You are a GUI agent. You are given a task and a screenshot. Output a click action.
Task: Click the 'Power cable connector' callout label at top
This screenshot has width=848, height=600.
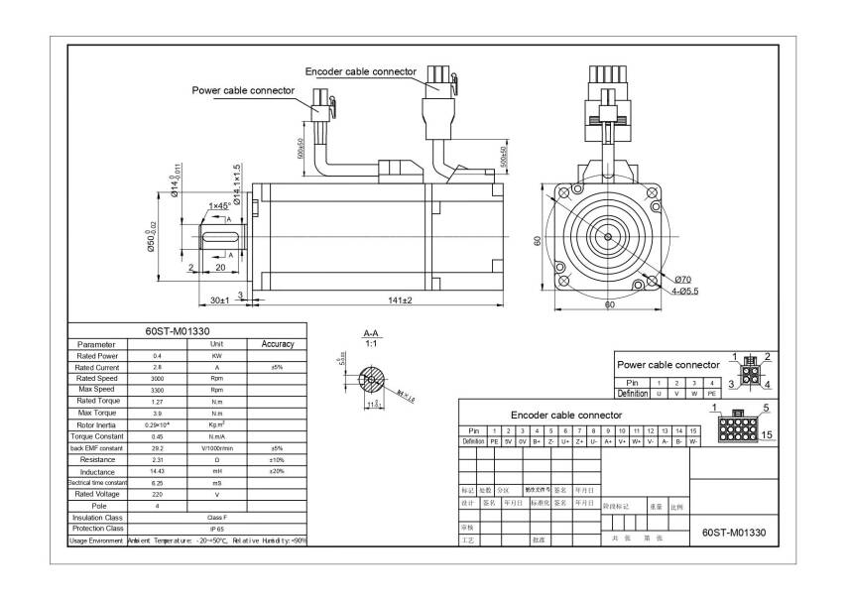(x=243, y=90)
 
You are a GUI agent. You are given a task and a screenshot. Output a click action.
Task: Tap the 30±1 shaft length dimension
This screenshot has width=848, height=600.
(x=219, y=299)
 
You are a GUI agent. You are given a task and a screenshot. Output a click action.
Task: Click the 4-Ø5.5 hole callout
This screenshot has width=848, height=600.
(x=683, y=291)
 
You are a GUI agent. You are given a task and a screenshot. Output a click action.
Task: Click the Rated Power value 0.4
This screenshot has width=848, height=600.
(x=157, y=355)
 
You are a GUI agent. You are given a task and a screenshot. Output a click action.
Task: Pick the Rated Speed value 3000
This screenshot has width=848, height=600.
(x=157, y=378)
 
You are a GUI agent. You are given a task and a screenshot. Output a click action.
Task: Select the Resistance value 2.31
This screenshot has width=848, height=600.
(x=157, y=460)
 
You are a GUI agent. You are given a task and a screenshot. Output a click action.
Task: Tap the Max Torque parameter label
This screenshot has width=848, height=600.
(x=97, y=413)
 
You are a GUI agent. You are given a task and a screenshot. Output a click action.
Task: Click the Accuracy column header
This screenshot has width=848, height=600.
(x=277, y=344)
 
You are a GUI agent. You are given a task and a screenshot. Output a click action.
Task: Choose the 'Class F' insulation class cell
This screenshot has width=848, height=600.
(x=216, y=517)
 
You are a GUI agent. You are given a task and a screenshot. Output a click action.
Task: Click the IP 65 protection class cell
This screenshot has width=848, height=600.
(x=216, y=529)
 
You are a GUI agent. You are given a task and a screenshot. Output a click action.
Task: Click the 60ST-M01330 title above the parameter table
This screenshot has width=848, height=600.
(x=185, y=331)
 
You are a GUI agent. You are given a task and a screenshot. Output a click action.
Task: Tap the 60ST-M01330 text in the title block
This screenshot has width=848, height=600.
(x=733, y=532)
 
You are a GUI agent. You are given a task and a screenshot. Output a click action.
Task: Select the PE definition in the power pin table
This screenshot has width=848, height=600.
(x=710, y=394)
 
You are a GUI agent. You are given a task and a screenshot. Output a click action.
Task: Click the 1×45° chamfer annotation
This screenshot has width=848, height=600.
(x=218, y=205)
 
